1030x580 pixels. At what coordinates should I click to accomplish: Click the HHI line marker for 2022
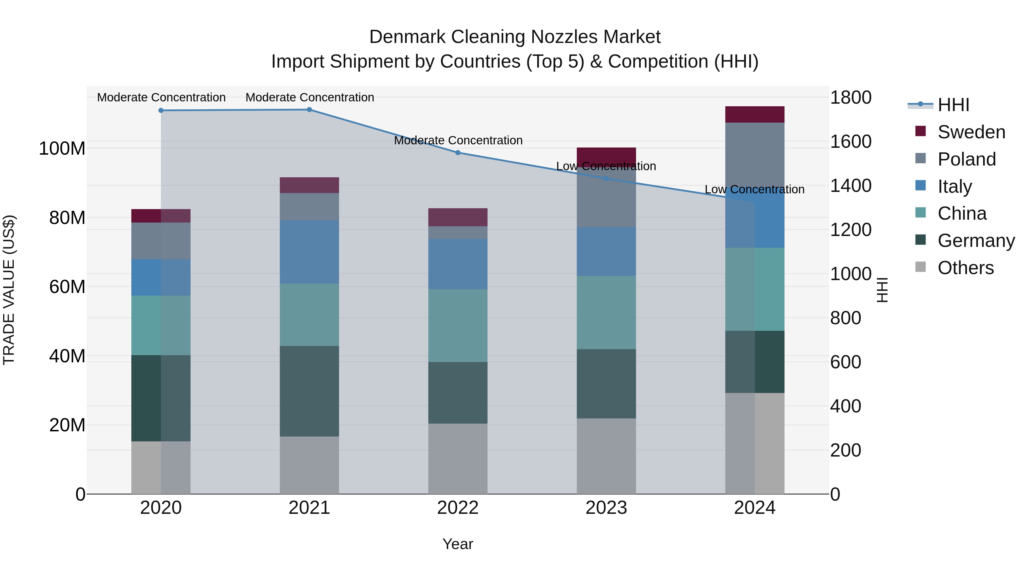tap(458, 152)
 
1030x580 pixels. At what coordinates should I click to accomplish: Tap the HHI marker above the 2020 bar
tap(161, 111)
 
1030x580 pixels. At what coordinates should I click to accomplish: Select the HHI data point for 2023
tap(606, 178)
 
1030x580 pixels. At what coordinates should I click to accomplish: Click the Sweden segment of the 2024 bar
tap(754, 115)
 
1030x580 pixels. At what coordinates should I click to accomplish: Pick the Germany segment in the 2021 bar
tap(309, 391)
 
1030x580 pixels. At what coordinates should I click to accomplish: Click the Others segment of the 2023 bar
tap(606, 456)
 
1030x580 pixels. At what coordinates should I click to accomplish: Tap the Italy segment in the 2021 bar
tap(309, 252)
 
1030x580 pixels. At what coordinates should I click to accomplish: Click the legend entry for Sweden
tap(971, 132)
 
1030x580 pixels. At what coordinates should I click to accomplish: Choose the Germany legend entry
tap(976, 241)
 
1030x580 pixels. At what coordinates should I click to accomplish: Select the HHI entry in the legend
tap(953, 105)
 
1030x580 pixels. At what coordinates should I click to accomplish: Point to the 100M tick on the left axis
tap(62, 148)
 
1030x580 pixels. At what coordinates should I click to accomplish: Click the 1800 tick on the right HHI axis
tap(851, 97)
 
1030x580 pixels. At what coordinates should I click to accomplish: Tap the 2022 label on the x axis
tap(458, 508)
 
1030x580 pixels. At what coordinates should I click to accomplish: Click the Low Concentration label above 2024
tap(754, 189)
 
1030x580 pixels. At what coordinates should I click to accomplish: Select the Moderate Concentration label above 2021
tap(310, 97)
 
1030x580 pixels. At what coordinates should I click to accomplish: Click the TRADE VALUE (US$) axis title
tap(9, 290)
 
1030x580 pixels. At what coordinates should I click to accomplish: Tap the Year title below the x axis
tap(458, 544)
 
